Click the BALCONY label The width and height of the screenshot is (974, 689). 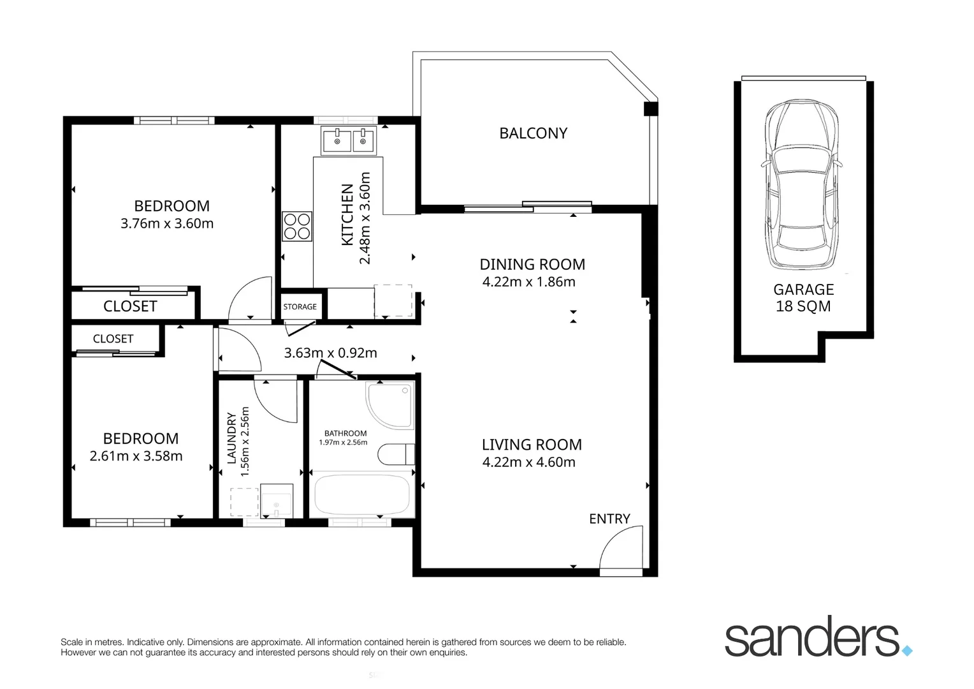point(533,133)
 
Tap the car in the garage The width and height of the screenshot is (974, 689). point(803,185)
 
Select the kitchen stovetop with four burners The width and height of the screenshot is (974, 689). point(298,226)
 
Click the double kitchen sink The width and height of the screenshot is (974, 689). point(349,140)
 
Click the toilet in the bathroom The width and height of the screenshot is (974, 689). point(396,454)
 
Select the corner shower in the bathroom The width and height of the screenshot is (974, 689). point(389,406)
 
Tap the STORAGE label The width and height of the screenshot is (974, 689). point(300,307)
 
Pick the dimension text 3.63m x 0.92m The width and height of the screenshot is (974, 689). point(330,353)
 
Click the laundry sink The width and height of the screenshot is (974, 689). point(277,501)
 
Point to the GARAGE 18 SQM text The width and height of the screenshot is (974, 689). point(803,298)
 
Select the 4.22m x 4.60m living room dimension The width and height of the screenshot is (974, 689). point(528,462)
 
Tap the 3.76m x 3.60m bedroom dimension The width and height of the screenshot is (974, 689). point(167,223)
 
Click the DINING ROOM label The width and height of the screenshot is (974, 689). point(532,264)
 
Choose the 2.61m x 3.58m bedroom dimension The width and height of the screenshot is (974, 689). point(136,456)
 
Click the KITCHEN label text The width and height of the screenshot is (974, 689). point(347,214)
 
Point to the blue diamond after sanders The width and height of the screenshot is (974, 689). point(907,651)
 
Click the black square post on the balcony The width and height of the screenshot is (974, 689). point(650,109)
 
